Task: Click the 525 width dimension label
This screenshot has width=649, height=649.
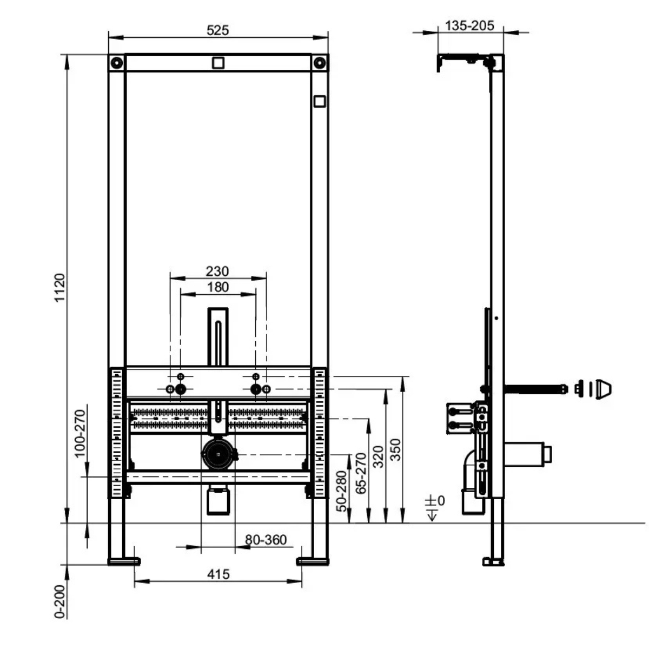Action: pyautogui.click(x=217, y=30)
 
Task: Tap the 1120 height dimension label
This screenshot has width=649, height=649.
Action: pyautogui.click(x=59, y=288)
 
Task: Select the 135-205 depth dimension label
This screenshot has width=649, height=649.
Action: pyautogui.click(x=469, y=25)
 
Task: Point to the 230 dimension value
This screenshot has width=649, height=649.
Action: pyautogui.click(x=217, y=271)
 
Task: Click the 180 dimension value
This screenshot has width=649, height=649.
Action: pyautogui.click(x=217, y=287)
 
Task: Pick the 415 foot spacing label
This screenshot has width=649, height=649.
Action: pyautogui.click(x=218, y=574)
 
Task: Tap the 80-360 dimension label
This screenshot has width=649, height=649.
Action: pyautogui.click(x=266, y=540)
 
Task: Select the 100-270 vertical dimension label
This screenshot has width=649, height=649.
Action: pyautogui.click(x=80, y=433)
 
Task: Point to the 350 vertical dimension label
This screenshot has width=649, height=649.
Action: pyautogui.click(x=395, y=449)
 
